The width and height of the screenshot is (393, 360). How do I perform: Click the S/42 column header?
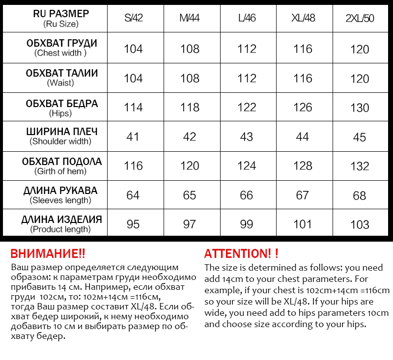pos(133,19)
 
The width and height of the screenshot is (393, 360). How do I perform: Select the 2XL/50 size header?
pos(360,19)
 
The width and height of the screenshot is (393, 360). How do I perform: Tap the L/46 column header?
pos(247,19)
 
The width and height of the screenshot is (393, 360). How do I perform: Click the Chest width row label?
pos(61,48)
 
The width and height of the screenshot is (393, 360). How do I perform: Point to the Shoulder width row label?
pos(61,136)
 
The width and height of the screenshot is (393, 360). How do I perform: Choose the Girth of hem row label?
pos(61,166)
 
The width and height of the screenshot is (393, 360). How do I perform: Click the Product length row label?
pos(61,224)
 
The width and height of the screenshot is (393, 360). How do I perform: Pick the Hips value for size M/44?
pos(190,107)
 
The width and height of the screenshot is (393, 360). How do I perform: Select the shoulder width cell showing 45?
pos(360,137)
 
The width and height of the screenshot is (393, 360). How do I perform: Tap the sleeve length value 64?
pos(133,195)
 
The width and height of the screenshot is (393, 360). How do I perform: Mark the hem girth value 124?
pos(247,166)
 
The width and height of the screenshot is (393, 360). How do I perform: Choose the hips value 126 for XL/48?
pos(303,107)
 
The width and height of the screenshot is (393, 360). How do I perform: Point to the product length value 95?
pos(133,224)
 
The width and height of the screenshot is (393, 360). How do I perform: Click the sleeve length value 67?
pos(303,195)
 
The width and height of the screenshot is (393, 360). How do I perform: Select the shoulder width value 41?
pos(133,137)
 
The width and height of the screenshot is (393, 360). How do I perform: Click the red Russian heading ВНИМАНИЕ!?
pos(48,254)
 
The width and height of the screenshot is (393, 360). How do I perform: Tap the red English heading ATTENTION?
pos(241,254)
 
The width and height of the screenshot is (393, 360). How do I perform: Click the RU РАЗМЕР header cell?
pos(61,18)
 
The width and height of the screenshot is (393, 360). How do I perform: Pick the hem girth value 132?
pos(360,166)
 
